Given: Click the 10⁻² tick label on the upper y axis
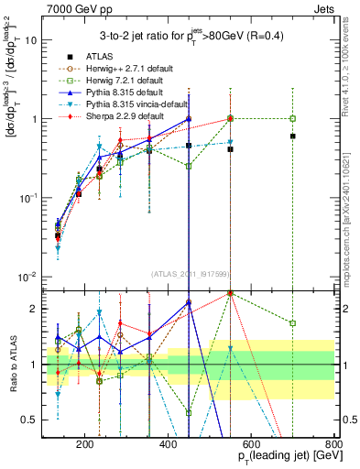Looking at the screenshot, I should tap(29, 278).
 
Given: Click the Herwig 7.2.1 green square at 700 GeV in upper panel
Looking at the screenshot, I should tap(292, 118).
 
